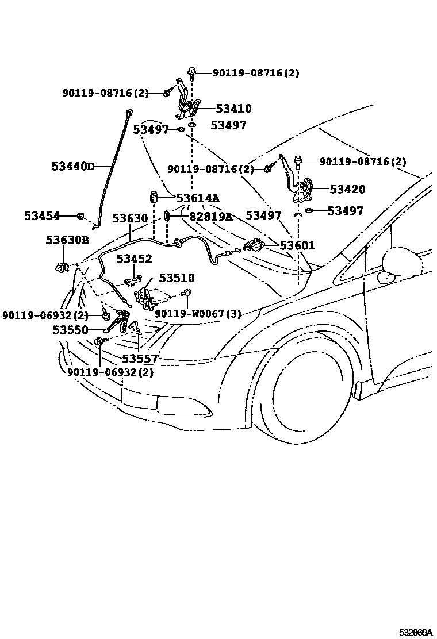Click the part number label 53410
click(x=233, y=109)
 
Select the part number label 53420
click(x=347, y=189)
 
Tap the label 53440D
click(x=72, y=167)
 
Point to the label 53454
click(x=42, y=215)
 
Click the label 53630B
click(x=67, y=240)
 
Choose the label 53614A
click(x=198, y=198)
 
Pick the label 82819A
click(x=211, y=216)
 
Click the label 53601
click(x=297, y=245)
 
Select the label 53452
click(x=134, y=259)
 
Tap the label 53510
click(x=177, y=278)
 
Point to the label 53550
click(x=70, y=330)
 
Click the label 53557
click(x=140, y=359)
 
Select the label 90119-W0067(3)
click(x=197, y=314)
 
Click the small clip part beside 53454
click(x=82, y=217)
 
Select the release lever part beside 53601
click(x=255, y=245)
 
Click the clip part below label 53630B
click(x=62, y=266)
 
